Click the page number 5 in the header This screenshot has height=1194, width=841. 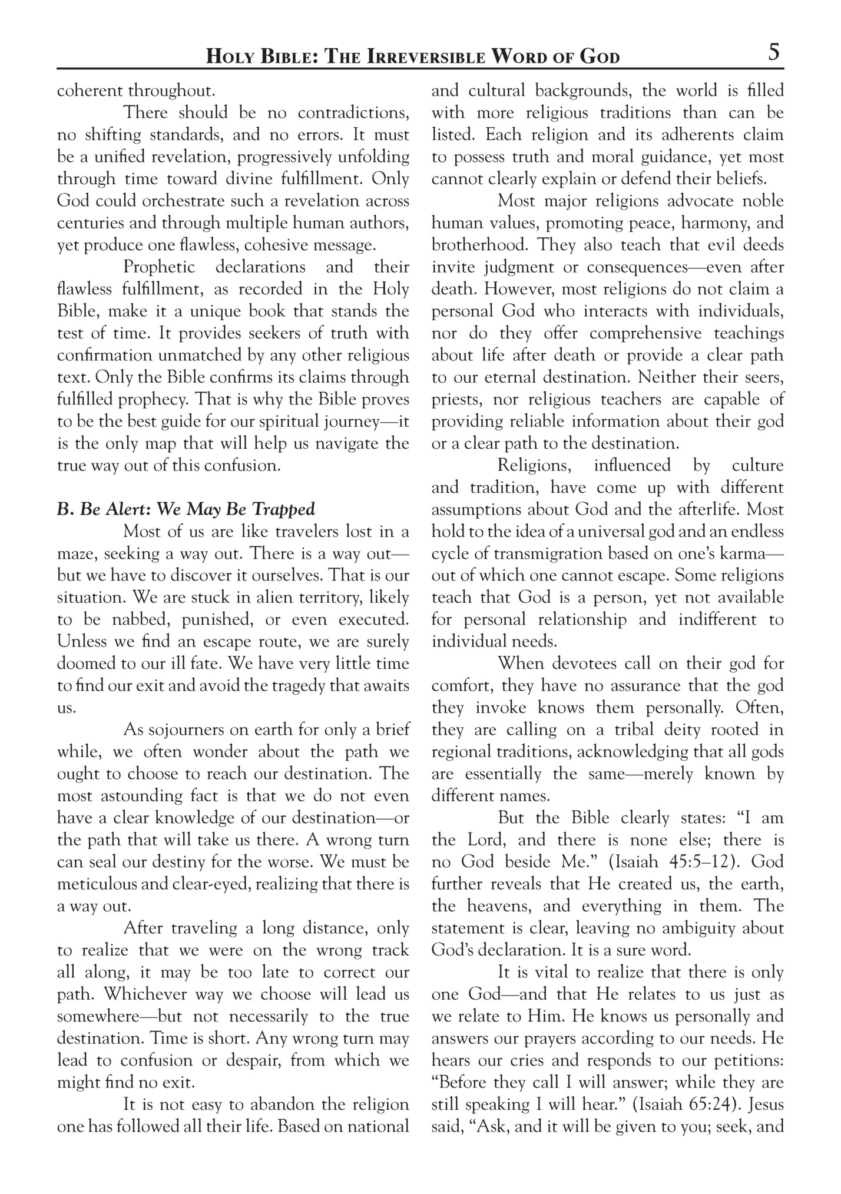[x=774, y=53]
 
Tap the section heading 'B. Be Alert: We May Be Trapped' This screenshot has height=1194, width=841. [x=186, y=509]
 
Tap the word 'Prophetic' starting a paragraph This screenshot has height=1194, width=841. [x=159, y=267]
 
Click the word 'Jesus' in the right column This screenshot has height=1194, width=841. [x=765, y=1105]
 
